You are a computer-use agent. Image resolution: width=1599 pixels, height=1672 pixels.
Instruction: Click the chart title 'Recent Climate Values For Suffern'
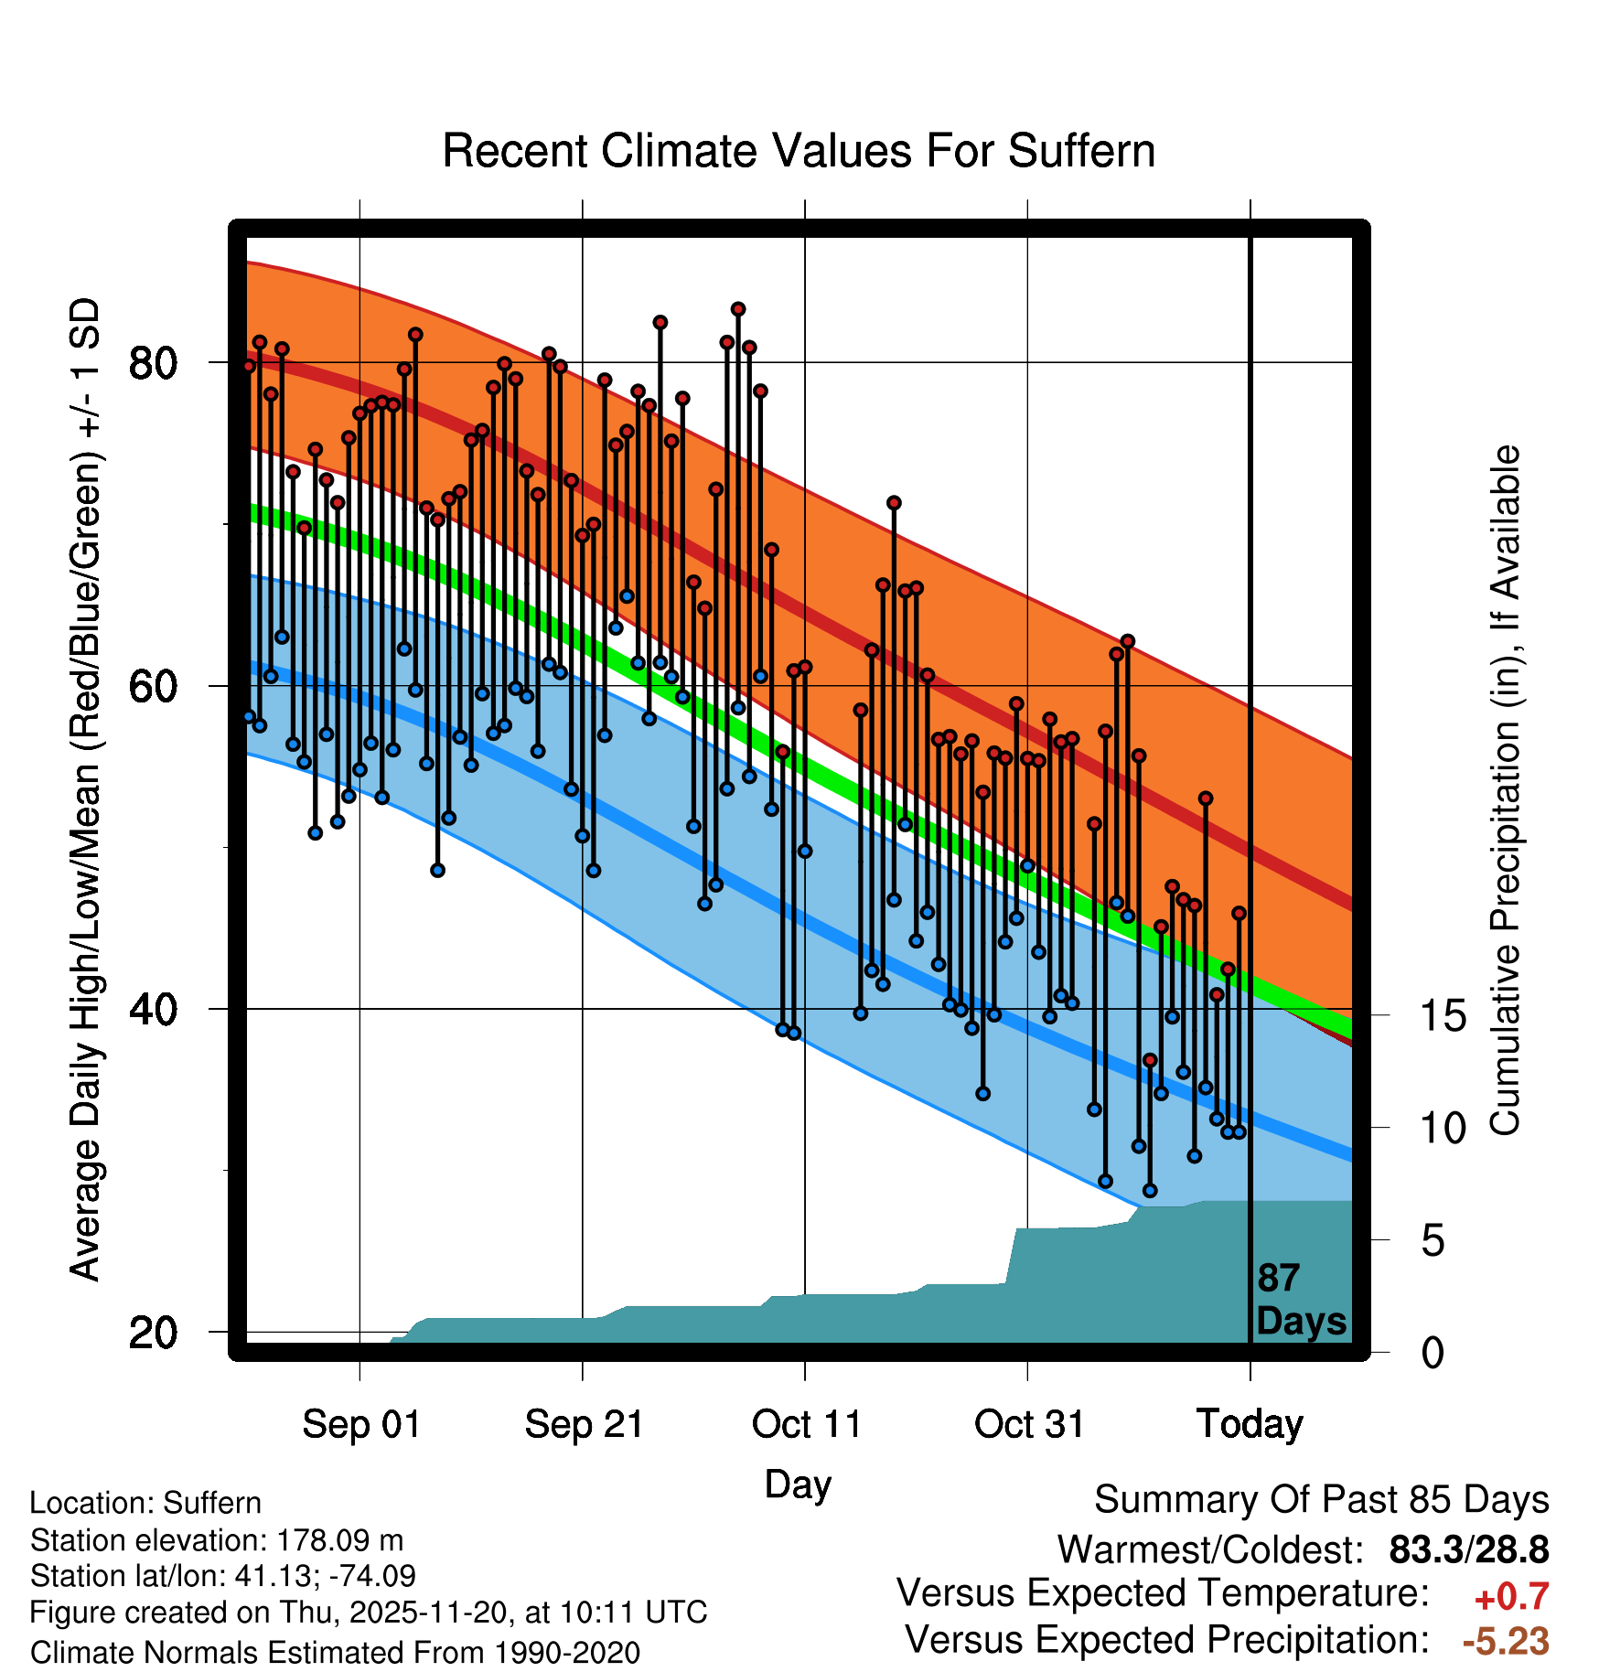[x=798, y=151]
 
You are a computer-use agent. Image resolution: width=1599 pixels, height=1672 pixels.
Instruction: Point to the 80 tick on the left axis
[x=153, y=363]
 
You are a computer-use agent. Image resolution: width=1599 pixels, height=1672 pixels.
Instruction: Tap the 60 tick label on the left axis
[x=153, y=686]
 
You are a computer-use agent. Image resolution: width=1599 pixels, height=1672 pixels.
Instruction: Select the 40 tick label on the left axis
[x=153, y=1009]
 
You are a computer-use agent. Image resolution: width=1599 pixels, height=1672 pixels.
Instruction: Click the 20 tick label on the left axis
[x=153, y=1333]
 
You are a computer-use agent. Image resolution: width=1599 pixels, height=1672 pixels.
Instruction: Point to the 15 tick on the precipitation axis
[x=1443, y=1015]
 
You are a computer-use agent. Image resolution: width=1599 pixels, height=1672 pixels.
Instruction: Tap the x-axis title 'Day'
[x=798, y=1484]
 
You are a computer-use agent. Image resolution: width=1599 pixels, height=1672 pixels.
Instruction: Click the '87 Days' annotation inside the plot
[x=1300, y=1300]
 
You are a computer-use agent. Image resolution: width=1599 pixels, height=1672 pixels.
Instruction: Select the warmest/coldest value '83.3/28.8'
[x=1468, y=1549]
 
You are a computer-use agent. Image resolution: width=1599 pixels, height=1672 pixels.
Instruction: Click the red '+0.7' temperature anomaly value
[x=1511, y=1597]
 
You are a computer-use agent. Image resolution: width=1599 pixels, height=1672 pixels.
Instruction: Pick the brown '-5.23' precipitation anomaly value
[x=1506, y=1641]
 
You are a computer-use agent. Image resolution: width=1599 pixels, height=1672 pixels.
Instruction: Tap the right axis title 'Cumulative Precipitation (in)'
[x=1505, y=791]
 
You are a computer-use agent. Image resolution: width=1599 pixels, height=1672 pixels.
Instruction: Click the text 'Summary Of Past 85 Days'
[x=1321, y=1500]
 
